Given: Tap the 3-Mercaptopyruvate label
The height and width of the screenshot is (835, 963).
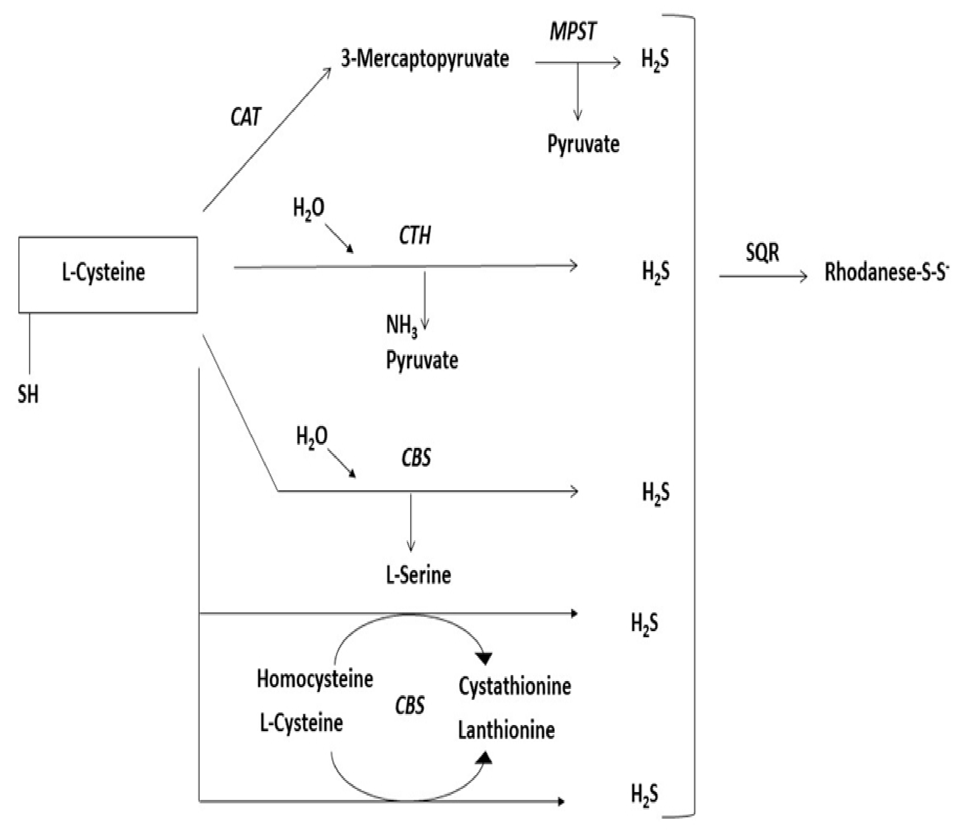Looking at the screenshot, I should coord(425,60).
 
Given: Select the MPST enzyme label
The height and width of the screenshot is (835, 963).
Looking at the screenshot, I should coord(573,32).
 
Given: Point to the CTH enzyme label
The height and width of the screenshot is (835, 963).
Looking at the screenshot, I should coord(415,235).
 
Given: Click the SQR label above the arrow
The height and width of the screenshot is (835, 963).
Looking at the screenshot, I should coord(762,253).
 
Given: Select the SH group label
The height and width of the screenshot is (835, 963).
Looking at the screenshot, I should coord(28,395).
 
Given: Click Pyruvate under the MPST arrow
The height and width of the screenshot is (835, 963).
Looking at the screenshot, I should coord(583,144).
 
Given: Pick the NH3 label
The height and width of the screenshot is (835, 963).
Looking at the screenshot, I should coord(401,325).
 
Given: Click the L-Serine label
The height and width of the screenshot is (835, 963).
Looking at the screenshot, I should coord(418,575).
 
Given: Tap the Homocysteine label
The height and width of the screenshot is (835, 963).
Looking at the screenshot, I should coord(315,679).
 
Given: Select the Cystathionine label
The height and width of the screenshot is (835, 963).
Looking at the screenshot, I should coord(514,686).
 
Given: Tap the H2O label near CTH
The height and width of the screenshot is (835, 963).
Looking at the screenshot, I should coord(309,208).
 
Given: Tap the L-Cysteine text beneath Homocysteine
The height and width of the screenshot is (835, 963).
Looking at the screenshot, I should coord(301,723).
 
